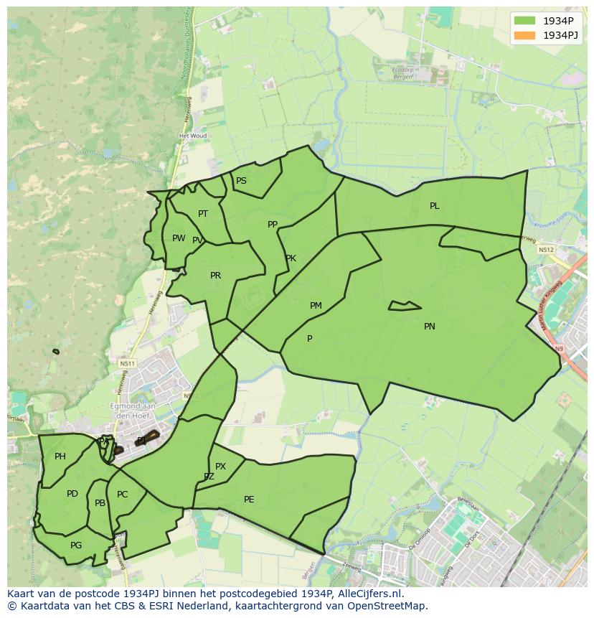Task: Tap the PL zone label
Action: point(435,206)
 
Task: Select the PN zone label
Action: point(430,327)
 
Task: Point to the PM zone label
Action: point(316,306)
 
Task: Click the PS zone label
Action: point(241,181)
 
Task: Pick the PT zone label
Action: point(203,214)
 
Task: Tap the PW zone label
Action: point(179,238)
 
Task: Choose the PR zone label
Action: point(215,276)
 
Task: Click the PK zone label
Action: point(291,258)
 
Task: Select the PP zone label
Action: point(273,225)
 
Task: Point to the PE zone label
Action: point(249,500)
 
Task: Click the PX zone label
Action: point(220,467)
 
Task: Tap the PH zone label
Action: point(60,457)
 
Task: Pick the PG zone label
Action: point(76,546)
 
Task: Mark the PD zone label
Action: point(72,494)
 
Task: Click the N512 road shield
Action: point(547,250)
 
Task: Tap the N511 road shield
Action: point(127,364)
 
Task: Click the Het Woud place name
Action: point(192,136)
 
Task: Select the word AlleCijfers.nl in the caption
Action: point(371,594)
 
